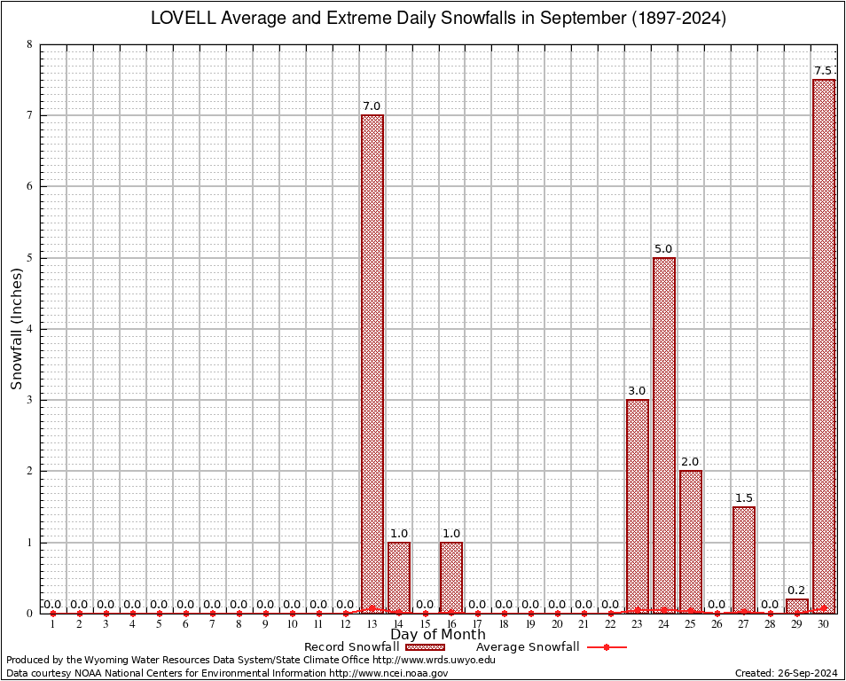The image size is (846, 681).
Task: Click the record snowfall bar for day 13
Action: [372, 364]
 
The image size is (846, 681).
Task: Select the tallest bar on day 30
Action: [824, 346]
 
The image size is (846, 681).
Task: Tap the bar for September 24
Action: [664, 434]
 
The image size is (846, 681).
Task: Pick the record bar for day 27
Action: [744, 560]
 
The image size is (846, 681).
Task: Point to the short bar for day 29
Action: [797, 606]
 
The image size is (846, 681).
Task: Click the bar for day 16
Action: [451, 577]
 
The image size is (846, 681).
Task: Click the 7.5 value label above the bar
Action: [824, 71]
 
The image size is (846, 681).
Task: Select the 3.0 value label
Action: [638, 390]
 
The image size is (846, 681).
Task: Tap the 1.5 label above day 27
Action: [744, 497]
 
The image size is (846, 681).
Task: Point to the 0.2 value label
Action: [797, 590]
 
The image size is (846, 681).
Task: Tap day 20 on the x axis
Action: [558, 625]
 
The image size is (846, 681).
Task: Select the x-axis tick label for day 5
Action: [159, 625]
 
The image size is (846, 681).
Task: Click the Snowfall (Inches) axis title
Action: [16, 329]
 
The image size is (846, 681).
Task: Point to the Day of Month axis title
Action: [438, 635]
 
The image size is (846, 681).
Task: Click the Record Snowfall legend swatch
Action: [419, 647]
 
